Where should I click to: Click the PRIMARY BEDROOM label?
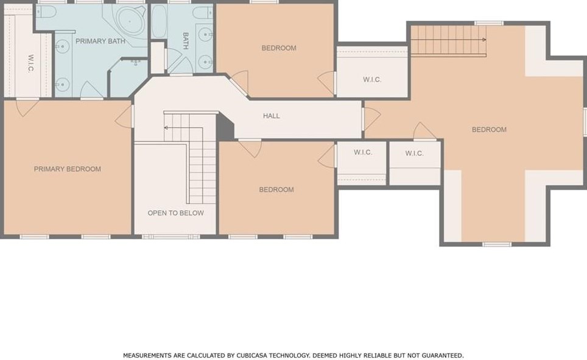pos(67,169)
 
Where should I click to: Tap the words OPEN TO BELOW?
pos(175,213)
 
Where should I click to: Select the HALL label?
pos(272,116)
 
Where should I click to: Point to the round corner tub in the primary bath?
pos(130,23)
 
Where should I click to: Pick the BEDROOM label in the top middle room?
pos(279,48)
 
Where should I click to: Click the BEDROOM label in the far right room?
pos(489,129)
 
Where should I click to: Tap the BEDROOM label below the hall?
pos(276,189)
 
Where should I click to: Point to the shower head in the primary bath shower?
pos(135,62)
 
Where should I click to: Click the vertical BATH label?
pos(185,41)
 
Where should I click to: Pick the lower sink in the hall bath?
pos(206,61)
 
